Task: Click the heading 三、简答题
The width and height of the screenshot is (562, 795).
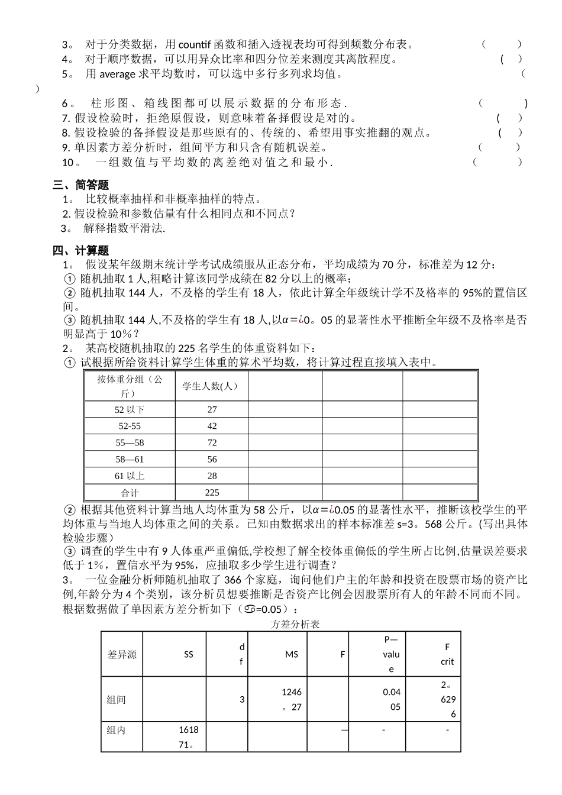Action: click(81, 185)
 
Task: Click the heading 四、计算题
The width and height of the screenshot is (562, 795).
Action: click(81, 250)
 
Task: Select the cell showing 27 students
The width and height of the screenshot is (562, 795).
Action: click(212, 409)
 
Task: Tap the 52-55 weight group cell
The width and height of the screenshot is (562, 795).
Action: click(130, 426)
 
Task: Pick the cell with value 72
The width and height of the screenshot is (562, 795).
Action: click(212, 442)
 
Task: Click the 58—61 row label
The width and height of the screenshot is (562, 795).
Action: click(130, 459)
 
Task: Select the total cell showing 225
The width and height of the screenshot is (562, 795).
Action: click(212, 492)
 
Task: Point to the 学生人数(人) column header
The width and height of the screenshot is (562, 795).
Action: click(211, 386)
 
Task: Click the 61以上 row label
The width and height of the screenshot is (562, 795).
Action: click(130, 476)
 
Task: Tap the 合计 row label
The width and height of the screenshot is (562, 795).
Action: click(130, 492)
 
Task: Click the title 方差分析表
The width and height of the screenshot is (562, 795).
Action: click(295, 625)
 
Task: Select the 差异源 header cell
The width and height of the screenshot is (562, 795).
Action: click(122, 654)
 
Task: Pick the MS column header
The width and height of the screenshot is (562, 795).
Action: click(291, 654)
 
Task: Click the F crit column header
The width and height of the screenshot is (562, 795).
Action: click(447, 654)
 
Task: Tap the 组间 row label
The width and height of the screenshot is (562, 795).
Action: click(117, 700)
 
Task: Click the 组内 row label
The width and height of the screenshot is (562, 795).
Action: click(117, 731)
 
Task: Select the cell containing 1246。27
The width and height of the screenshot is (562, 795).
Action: click(291, 700)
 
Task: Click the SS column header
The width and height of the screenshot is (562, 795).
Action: click(188, 654)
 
